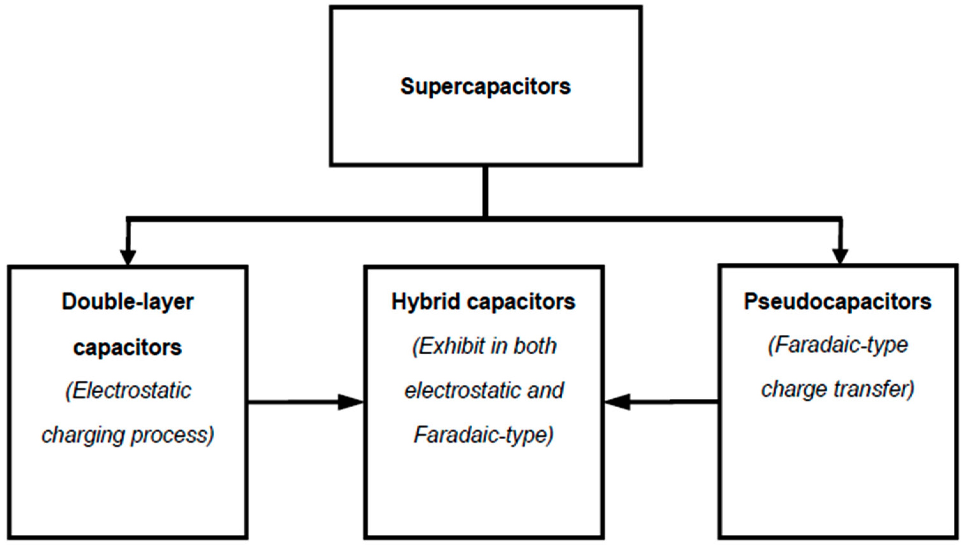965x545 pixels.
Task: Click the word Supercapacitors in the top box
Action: [x=485, y=87]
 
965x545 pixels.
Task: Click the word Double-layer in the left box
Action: [x=128, y=302]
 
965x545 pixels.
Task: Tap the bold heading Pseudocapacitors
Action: [x=837, y=302]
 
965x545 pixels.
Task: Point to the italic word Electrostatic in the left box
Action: [x=128, y=391]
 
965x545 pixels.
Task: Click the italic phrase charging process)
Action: [x=128, y=435]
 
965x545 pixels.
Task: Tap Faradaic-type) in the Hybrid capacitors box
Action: [x=483, y=435]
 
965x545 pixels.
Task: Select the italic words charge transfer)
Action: [x=838, y=389]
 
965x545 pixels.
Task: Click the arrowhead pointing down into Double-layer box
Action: [x=128, y=257]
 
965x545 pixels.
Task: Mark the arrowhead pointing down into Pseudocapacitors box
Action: [x=840, y=257]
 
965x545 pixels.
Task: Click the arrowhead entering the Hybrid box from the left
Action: [x=350, y=402]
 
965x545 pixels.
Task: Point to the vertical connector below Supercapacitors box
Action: [x=485, y=191]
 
